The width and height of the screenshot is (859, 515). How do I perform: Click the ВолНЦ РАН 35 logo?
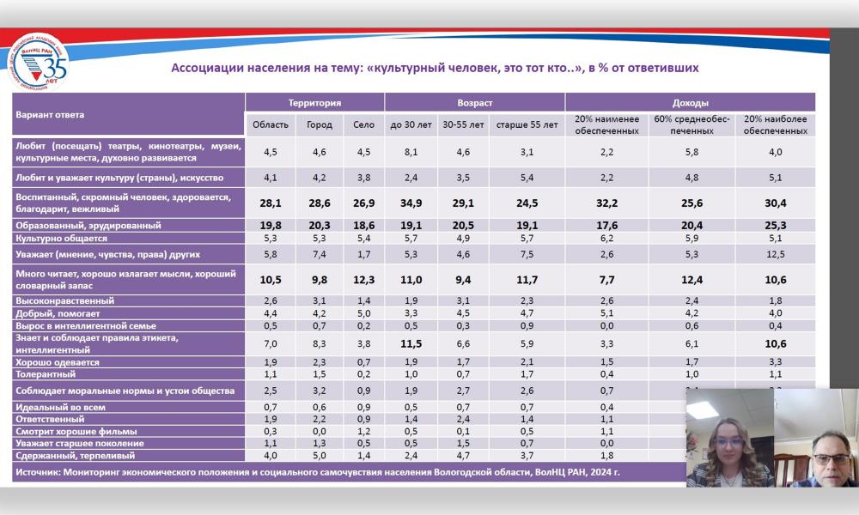pyautogui.click(x=39, y=63)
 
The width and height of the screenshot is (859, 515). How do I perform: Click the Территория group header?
pyautogui.click(x=314, y=102)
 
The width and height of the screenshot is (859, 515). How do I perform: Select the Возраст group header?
pyautogui.click(x=474, y=102)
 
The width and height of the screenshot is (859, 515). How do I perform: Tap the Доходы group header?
pyautogui.click(x=691, y=102)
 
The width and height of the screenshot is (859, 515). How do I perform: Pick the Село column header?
pyautogui.click(x=364, y=124)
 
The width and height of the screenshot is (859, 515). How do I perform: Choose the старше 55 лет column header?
pyautogui.click(x=526, y=124)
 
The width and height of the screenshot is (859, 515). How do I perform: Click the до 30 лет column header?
pyautogui.click(x=411, y=124)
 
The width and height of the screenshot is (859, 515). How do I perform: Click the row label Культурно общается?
pyautogui.click(x=61, y=238)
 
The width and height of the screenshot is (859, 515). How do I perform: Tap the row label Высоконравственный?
pyautogui.click(x=64, y=300)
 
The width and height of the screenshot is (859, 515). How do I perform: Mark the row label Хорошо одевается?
pyautogui.click(x=58, y=362)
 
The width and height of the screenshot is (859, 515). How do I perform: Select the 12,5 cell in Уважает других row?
pyautogui.click(x=776, y=254)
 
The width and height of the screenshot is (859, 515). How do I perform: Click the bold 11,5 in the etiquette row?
pyautogui.click(x=411, y=343)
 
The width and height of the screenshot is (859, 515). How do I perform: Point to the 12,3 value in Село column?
pyautogui.click(x=364, y=279)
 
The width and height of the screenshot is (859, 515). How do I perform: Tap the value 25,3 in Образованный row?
pyautogui.click(x=776, y=225)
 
